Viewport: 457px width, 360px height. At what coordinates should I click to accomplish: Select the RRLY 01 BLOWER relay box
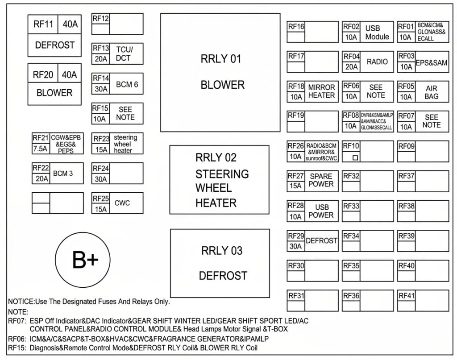(x=220, y=73)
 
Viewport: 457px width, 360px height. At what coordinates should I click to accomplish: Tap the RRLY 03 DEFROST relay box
(x=220, y=263)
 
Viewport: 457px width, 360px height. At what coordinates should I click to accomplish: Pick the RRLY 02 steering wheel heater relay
(x=220, y=180)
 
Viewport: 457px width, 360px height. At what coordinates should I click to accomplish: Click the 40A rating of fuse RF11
(x=70, y=24)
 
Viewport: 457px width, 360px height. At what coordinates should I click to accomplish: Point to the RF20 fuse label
(x=43, y=75)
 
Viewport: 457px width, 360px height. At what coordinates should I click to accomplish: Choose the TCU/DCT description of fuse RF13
(x=124, y=54)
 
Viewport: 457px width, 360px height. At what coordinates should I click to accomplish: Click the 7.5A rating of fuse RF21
(x=40, y=149)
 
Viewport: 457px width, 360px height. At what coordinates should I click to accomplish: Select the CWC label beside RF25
(x=122, y=203)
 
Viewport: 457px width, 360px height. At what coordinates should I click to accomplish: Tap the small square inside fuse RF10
(x=355, y=157)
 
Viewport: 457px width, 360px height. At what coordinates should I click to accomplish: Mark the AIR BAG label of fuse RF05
(x=432, y=92)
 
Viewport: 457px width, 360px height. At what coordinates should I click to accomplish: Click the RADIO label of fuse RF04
(x=377, y=62)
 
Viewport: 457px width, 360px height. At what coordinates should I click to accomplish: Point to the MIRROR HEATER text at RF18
(x=321, y=91)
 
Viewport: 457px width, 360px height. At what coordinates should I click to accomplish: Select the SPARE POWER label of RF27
(x=321, y=180)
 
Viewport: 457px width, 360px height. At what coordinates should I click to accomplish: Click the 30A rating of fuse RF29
(x=295, y=246)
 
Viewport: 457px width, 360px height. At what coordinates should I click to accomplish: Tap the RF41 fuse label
(x=406, y=296)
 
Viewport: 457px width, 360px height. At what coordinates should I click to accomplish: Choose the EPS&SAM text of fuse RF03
(x=432, y=62)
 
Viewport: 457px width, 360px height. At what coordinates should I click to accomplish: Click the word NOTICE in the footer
(x=21, y=302)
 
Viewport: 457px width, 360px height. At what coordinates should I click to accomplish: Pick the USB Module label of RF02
(x=377, y=32)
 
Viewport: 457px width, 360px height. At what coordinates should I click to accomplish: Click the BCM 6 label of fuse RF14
(x=127, y=84)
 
